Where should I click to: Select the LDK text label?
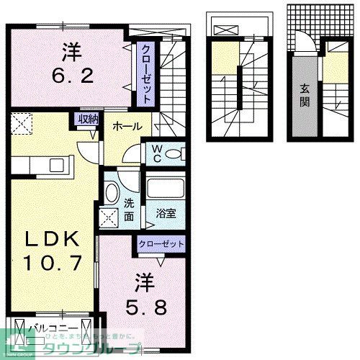50,238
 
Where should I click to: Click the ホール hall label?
127,127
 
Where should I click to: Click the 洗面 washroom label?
130,209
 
